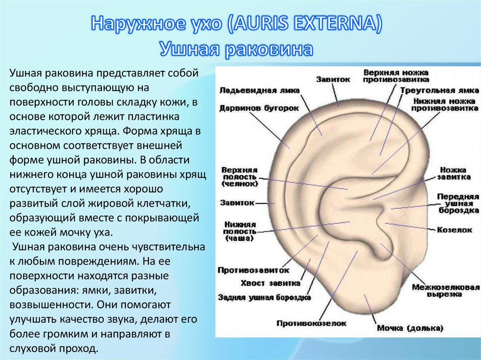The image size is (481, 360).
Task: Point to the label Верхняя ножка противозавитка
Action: coord(396,76)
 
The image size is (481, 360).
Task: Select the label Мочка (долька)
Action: coord(410,328)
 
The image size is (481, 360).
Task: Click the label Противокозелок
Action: coord(311,323)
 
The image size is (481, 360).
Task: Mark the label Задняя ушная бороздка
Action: coord(264,298)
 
